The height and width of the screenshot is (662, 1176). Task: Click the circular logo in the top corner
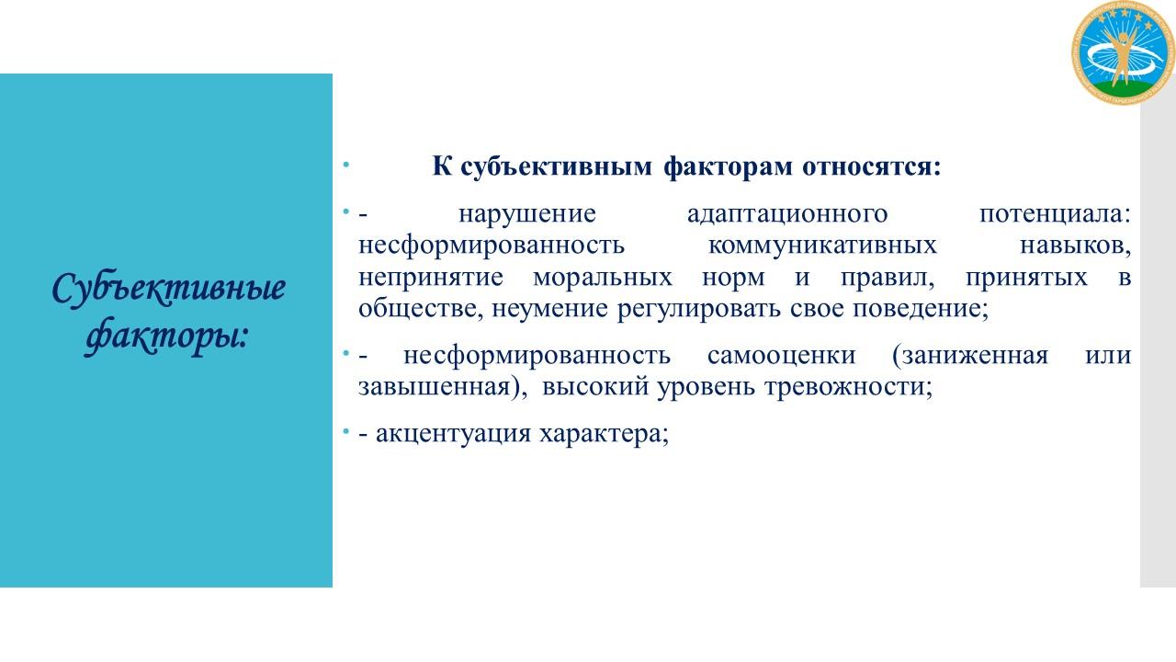[x=1123, y=52]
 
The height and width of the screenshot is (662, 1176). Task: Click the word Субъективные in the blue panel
[x=168, y=289]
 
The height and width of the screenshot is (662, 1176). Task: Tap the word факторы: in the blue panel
[x=166, y=337]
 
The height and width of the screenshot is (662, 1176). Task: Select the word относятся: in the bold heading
[x=872, y=166]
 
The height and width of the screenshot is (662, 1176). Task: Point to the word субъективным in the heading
[x=557, y=167]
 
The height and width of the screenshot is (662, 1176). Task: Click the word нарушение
[x=527, y=214]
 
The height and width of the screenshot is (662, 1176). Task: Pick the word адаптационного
[x=787, y=215]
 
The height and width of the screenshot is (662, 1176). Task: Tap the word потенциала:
[x=1056, y=215]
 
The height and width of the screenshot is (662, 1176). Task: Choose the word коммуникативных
[x=822, y=245]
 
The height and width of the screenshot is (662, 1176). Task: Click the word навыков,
[x=1075, y=245]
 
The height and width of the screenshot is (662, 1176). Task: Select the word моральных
[x=603, y=278]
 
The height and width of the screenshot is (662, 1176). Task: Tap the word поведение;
[x=921, y=309]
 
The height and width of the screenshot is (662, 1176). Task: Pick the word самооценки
[x=781, y=356]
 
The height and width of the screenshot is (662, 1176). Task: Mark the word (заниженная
[x=970, y=356]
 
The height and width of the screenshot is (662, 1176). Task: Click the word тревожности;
[x=848, y=387]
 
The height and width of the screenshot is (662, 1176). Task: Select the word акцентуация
[x=453, y=435]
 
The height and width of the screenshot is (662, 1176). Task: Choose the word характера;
[x=605, y=435]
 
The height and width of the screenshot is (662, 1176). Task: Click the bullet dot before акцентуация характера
[x=345, y=432]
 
